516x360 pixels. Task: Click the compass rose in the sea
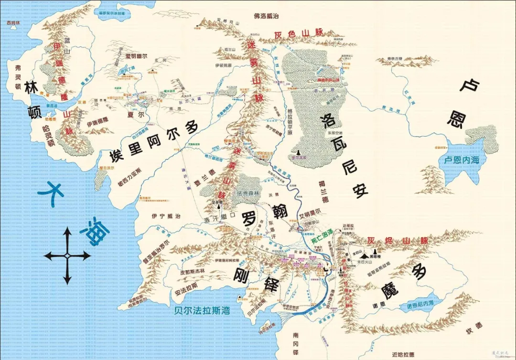click(67, 256)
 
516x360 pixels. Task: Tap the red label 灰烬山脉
click(397, 242)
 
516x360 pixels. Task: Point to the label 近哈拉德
click(404, 354)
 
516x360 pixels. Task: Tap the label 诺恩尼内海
click(420, 304)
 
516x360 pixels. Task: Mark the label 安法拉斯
click(183, 286)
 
